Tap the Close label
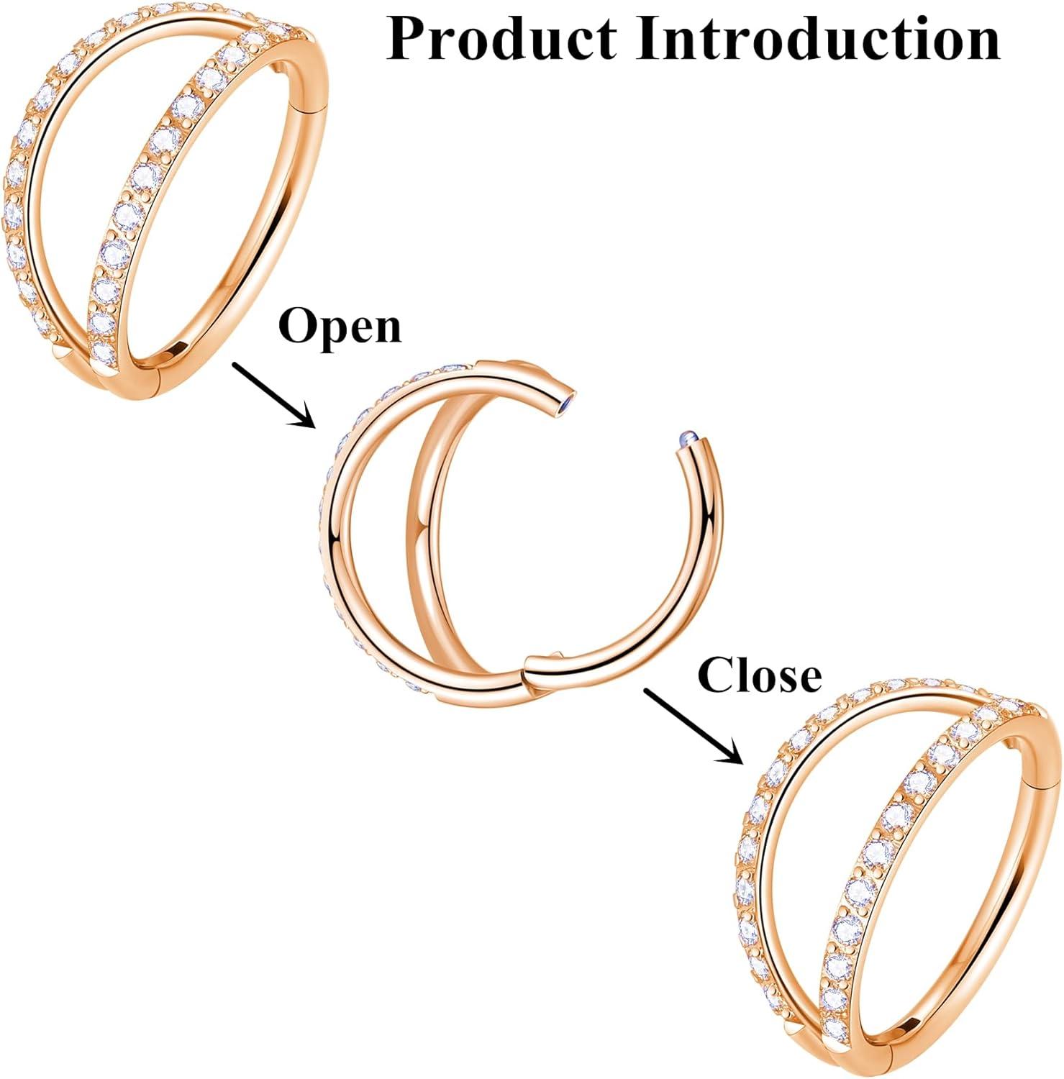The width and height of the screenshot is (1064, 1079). (760, 675)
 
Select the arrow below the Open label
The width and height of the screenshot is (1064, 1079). (273, 394)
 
